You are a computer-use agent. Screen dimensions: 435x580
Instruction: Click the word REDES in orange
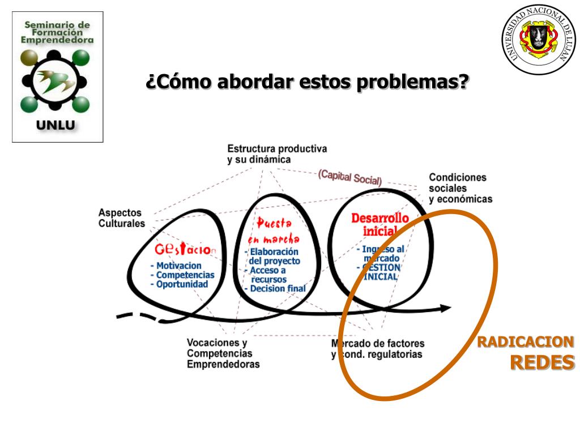[542, 362]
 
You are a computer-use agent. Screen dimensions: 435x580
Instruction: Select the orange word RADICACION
[525, 342]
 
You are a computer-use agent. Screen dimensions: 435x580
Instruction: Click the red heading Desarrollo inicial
[379, 224]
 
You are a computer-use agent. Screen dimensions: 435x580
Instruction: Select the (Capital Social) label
[349, 177]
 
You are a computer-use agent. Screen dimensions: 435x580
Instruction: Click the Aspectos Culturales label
[121, 217]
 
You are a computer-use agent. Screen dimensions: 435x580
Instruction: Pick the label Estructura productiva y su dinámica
[277, 153]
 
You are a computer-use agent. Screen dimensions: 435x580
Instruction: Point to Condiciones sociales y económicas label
[460, 188]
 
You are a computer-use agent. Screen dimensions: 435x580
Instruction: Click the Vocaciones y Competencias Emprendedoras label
[223, 353]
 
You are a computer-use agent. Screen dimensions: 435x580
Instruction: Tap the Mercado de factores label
[377, 343]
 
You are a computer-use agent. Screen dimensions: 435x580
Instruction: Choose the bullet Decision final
[276, 288]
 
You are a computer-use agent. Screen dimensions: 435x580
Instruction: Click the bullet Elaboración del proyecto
[274, 257]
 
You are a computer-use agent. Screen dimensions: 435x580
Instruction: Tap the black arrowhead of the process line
[445, 308]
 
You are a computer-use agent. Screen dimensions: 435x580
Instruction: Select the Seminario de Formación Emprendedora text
[57, 32]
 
